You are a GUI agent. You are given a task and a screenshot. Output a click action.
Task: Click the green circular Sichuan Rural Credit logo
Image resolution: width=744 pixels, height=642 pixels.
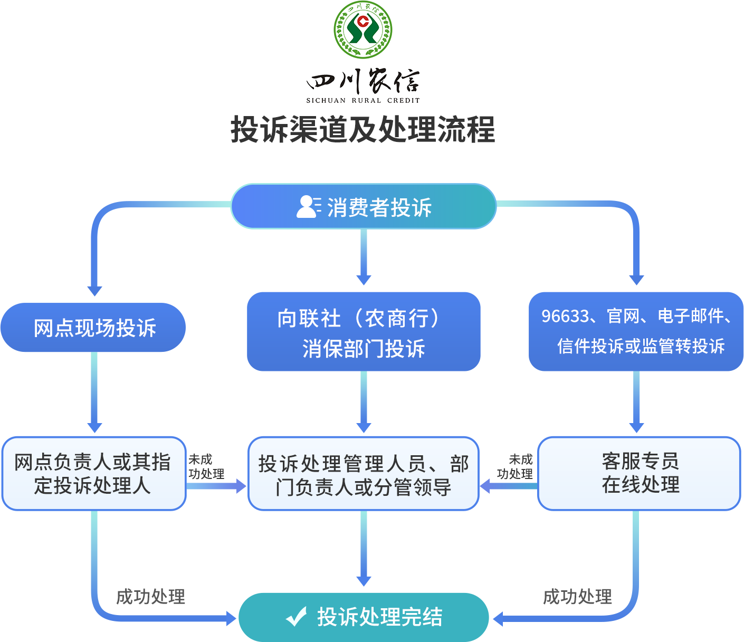[x=363, y=30]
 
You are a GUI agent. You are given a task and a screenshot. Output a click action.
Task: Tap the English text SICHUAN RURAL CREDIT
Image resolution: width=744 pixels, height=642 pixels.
[x=363, y=100]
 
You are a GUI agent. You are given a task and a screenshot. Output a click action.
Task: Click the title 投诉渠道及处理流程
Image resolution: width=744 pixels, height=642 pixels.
[x=363, y=130]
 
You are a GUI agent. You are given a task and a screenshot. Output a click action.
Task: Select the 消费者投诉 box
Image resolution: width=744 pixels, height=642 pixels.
[x=364, y=206]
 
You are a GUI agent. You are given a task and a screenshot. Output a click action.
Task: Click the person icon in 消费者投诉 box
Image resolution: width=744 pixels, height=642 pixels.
[x=308, y=206]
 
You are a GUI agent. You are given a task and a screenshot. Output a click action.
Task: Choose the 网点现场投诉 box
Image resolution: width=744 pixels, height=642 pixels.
[x=93, y=328]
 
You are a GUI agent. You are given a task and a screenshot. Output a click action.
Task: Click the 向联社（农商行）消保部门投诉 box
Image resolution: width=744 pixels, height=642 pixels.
[x=364, y=332]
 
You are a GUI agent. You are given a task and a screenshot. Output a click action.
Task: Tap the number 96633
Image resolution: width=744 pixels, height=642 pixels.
[x=565, y=317]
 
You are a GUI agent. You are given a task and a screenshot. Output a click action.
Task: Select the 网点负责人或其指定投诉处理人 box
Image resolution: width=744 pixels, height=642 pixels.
[x=94, y=473]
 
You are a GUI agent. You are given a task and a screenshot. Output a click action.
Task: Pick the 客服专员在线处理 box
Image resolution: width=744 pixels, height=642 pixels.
[x=640, y=473]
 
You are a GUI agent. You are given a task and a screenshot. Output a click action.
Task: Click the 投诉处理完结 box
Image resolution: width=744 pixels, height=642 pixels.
[x=364, y=617]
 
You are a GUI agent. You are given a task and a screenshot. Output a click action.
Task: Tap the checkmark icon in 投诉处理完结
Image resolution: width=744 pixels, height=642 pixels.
[x=297, y=616]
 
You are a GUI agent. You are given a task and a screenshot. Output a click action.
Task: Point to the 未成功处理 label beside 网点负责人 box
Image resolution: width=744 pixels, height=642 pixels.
[x=205, y=467]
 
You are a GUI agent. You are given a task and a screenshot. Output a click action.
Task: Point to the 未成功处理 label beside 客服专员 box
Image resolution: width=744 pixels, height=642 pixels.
[x=516, y=467]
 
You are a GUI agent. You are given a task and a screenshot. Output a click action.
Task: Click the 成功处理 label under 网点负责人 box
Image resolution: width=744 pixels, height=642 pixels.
[x=150, y=597]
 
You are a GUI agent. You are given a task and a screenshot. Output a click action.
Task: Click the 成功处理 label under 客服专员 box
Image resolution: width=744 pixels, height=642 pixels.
[x=578, y=597]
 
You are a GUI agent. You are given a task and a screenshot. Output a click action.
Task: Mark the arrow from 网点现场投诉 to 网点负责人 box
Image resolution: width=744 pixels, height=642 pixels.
[x=94, y=393]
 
